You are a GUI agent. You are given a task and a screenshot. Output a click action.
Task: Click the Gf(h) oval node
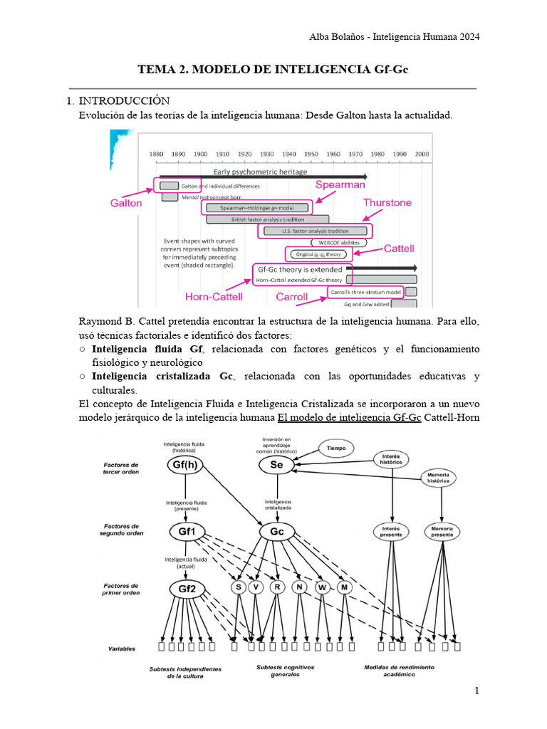pos(186,465)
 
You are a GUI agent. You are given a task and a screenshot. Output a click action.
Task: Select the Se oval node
pos(277,465)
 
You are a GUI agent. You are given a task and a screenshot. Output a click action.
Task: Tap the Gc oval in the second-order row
pos(277,532)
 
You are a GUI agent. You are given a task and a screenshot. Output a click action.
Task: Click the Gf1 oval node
pos(186,532)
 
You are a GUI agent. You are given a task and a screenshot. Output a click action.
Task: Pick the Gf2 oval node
pos(186,589)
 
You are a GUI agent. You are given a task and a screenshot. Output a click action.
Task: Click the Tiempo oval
pos(336,449)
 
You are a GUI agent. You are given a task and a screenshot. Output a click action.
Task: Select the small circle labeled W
pos(323,587)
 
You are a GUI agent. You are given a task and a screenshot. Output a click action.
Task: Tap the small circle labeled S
pos(237,587)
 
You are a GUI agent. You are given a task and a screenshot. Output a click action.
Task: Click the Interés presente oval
pos(392,531)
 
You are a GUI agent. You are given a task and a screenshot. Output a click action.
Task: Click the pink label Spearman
pos(340,184)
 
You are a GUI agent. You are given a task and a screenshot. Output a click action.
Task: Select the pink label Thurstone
pos(387,203)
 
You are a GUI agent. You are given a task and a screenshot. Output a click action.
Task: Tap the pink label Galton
pos(126,203)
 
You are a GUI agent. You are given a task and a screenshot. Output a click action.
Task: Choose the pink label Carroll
pos(291,296)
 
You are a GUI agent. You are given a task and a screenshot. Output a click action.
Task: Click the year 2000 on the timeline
pos(422,154)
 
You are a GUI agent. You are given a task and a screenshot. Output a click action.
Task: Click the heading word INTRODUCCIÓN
pos(123,100)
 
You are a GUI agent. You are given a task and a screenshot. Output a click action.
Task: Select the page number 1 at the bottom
pos(477,691)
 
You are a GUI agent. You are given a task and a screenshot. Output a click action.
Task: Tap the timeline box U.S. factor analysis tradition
pos(316,231)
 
